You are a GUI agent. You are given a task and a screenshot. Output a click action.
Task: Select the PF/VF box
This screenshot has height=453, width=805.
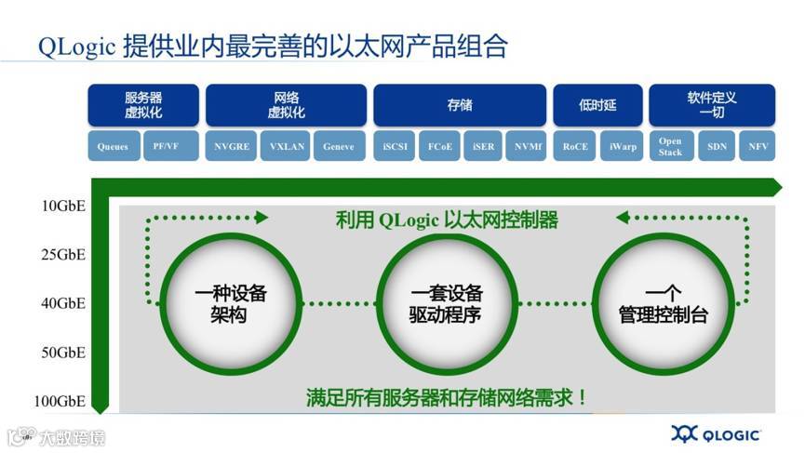(x=171, y=147)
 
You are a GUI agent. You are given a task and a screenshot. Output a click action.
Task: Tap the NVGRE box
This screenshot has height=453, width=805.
(x=232, y=147)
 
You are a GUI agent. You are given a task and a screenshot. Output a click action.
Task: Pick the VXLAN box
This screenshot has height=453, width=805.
(x=288, y=147)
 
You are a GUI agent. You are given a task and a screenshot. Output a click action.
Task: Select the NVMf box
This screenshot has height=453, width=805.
(x=526, y=147)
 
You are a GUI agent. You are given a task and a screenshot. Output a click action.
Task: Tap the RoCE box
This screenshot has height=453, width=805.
(x=576, y=147)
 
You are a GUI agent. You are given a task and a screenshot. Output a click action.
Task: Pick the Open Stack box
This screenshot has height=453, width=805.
(x=670, y=147)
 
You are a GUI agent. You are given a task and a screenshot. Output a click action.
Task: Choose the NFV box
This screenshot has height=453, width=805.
(x=756, y=147)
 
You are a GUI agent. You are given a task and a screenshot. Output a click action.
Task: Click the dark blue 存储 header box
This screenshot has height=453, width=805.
(x=460, y=105)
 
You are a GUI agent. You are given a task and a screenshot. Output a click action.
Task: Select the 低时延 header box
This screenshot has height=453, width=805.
(x=597, y=105)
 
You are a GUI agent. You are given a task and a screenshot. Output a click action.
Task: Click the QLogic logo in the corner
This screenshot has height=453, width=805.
(x=716, y=433)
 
